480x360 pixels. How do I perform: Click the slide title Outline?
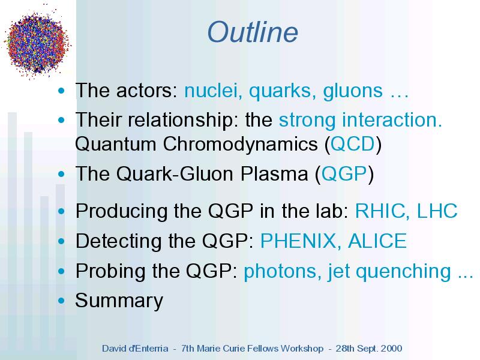coord(253,32)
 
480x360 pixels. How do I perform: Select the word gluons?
coord(353,92)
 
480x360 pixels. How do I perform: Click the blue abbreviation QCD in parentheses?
coord(352,144)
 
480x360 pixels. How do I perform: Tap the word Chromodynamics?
coord(241,145)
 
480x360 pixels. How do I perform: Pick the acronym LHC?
coord(437,211)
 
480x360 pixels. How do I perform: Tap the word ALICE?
coord(377,241)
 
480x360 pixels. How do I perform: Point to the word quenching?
coord(403,272)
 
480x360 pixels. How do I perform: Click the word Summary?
coord(119,301)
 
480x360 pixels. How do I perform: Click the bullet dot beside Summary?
coord(61,301)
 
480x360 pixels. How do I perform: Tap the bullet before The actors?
coord(61,91)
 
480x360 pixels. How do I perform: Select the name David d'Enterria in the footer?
coord(135,349)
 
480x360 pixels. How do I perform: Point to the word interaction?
coord(392,119)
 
